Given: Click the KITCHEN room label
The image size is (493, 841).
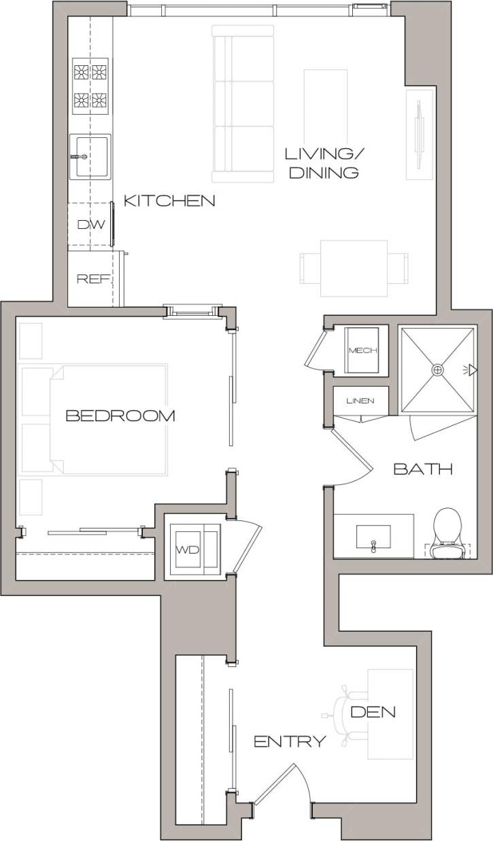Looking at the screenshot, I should (x=169, y=200).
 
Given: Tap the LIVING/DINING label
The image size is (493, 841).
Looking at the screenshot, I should (x=324, y=163).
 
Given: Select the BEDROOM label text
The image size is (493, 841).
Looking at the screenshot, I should (x=120, y=416).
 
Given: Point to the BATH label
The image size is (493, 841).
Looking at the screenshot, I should (x=423, y=469).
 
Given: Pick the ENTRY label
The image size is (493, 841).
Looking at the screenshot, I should (x=290, y=741).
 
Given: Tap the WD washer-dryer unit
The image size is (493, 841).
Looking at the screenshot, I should (x=194, y=548).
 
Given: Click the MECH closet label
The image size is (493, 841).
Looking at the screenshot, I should (x=362, y=351).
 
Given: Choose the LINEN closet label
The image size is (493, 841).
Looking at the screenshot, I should (x=360, y=401).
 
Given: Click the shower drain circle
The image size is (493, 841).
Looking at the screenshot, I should (x=437, y=370).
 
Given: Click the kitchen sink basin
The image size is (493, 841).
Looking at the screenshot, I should (x=89, y=156).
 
